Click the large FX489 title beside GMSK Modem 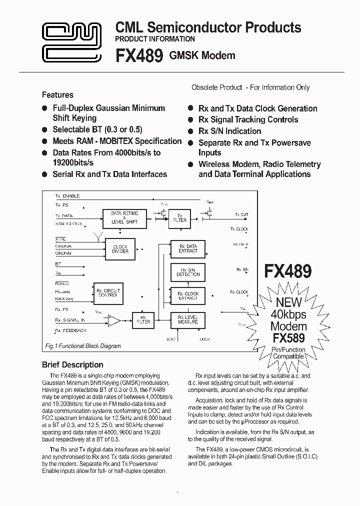(139, 55)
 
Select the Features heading (57, 94)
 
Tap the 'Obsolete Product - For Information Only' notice (250, 87)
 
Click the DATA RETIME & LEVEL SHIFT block (124, 217)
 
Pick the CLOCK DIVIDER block (120, 249)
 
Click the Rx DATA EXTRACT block (188, 248)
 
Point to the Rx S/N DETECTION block (188, 272)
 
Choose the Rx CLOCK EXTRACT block (188, 296)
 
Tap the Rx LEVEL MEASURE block (188, 319)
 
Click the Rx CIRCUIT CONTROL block (108, 292)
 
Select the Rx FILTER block (143, 319)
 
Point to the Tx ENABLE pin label (67, 196)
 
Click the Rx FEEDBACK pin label (71, 330)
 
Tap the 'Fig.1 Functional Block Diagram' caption (83, 346)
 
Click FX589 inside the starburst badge (288, 337)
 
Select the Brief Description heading (72, 364)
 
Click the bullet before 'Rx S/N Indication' (191, 131)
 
